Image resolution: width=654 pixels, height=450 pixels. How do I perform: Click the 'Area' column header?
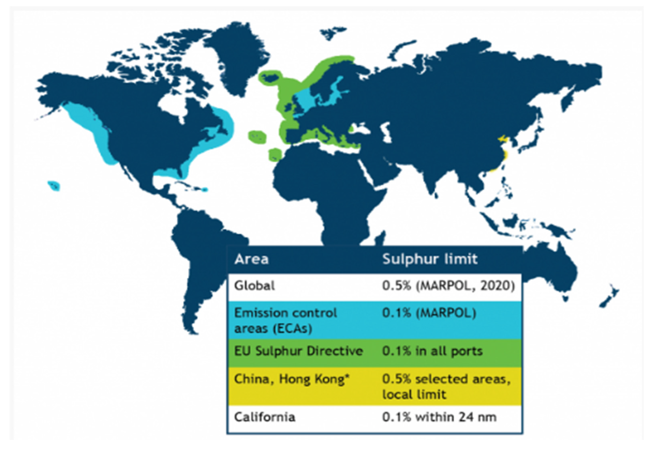[252, 259]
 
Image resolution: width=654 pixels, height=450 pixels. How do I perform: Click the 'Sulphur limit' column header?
[430, 259]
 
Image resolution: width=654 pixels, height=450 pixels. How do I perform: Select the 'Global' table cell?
[254, 286]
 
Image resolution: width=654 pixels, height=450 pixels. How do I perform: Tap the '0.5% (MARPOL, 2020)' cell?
[448, 286]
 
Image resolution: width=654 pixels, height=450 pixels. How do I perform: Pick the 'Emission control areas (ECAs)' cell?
[285, 321]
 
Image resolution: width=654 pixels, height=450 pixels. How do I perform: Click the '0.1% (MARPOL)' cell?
[429, 313]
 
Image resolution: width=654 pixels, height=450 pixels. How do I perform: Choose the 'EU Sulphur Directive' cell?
[298, 351]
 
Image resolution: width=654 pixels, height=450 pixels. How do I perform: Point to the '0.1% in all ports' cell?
[432, 351]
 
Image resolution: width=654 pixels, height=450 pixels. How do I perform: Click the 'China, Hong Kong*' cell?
[292, 379]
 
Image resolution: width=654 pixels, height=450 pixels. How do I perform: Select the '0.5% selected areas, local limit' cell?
[446, 386]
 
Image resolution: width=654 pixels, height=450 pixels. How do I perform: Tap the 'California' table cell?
[265, 417]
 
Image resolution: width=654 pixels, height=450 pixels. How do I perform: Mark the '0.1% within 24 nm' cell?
[439, 417]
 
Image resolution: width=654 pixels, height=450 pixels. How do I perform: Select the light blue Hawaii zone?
[54, 186]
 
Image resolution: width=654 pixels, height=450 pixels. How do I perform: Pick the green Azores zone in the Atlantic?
[257, 137]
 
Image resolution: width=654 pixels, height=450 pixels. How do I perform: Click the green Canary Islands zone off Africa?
[274, 154]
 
